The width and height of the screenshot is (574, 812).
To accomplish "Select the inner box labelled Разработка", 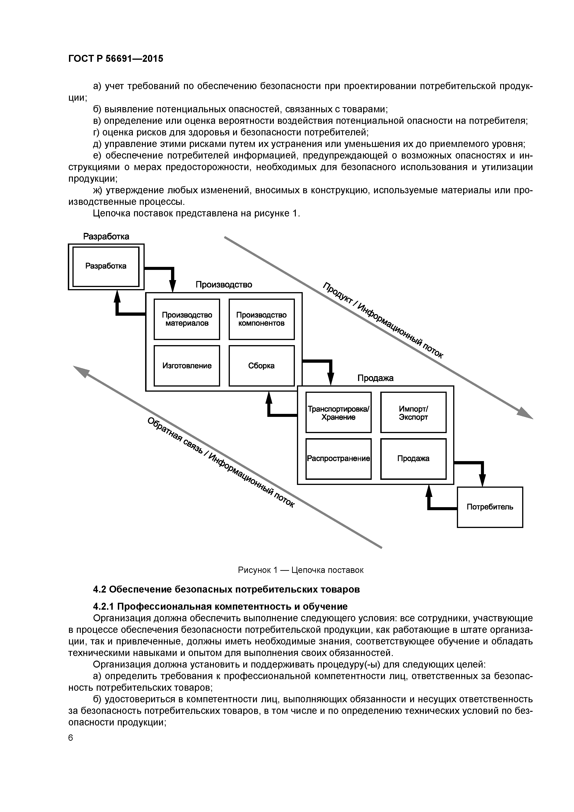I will point(106,266).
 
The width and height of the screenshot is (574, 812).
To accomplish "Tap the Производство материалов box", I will point(187,319).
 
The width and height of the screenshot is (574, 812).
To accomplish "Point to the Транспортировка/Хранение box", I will point(338,412).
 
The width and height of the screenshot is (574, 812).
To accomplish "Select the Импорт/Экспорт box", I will point(413,412).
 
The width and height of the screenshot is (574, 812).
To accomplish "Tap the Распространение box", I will point(338,459).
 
